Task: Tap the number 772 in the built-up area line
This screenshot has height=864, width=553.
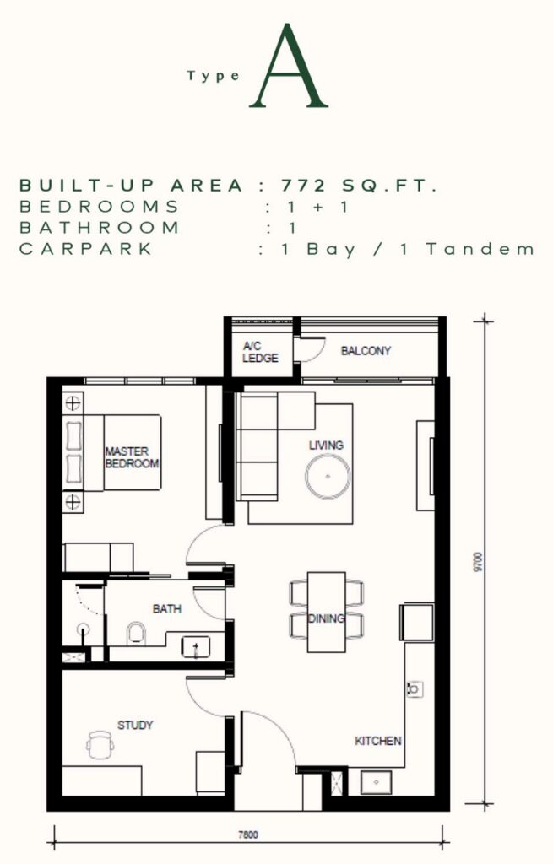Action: click(x=303, y=186)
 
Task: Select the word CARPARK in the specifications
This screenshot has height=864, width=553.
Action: click(x=85, y=249)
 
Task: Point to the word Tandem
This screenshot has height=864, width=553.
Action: click(x=480, y=249)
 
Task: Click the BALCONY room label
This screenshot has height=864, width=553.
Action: click(x=366, y=350)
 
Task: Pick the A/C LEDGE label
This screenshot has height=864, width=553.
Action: click(x=260, y=352)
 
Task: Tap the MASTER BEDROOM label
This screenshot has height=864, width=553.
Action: click(x=132, y=457)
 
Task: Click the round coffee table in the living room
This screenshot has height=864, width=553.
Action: click(x=328, y=476)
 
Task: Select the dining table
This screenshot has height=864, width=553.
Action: click(x=327, y=612)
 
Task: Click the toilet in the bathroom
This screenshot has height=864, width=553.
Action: click(x=136, y=634)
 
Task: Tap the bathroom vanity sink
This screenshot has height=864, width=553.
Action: click(x=196, y=647)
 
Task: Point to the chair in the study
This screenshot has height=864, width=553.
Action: click(x=100, y=744)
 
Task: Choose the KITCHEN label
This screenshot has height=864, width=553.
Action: click(x=377, y=741)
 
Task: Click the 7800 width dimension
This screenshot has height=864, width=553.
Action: click(x=247, y=834)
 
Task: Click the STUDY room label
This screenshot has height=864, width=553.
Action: click(x=135, y=725)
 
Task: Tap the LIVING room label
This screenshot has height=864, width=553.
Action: click(x=326, y=445)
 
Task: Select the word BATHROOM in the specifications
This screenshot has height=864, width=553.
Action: click(x=100, y=228)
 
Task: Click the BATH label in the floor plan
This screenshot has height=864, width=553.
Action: click(x=167, y=609)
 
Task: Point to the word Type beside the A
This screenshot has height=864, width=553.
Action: click(x=214, y=76)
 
